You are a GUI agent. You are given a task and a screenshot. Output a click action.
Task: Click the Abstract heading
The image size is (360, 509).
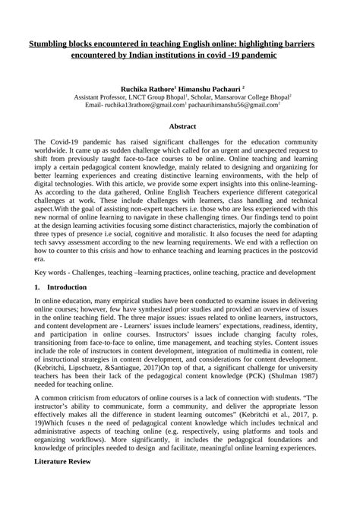(x=180, y=126)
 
